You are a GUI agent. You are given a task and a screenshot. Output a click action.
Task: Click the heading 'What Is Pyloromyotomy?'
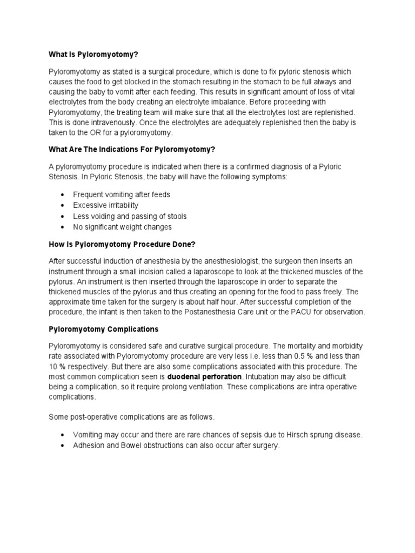click(97, 55)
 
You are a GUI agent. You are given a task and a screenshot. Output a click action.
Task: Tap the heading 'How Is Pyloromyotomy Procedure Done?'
click(122, 244)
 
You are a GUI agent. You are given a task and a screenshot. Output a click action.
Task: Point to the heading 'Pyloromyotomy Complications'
click(103, 329)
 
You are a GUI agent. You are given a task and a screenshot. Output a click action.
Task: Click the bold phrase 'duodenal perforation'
click(204, 376)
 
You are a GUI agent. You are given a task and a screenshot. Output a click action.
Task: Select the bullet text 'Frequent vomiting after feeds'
click(122, 194)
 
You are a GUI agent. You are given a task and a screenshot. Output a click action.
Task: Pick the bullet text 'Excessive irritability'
click(106, 205)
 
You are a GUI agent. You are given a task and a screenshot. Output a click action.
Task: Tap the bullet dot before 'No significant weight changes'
click(64, 227)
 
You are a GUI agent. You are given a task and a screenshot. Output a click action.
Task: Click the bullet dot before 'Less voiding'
click(64, 217)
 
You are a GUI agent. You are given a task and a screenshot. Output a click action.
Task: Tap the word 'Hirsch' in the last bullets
click(294, 435)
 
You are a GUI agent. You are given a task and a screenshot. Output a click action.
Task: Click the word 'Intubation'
click(263, 376)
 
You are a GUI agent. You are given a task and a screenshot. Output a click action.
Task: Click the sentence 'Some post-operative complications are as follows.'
click(132, 416)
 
